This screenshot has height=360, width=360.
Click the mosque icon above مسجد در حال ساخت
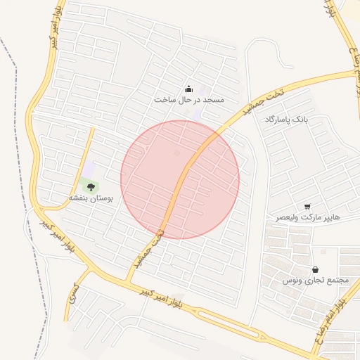tap(188, 89)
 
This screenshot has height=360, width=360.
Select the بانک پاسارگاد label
tap(287, 120)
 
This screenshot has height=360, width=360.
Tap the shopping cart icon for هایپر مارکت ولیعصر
tap(307, 206)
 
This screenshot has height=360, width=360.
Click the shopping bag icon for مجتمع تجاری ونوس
tap(314, 269)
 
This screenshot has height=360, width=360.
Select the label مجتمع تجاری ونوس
tap(316, 281)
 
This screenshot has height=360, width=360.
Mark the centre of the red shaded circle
tap(180, 179)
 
